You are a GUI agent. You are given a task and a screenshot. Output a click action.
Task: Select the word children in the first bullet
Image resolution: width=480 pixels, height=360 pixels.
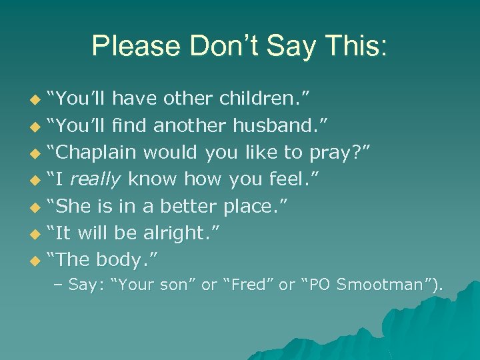[x=254, y=99]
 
